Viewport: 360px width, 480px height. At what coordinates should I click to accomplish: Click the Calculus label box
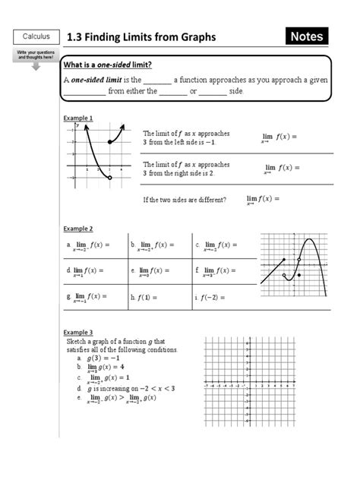coord(35,36)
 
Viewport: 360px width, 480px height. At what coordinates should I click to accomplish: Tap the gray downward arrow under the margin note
coord(35,66)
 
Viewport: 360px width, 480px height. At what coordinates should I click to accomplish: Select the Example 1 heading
coord(77,118)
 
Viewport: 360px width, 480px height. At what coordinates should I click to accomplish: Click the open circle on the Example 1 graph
coord(110,178)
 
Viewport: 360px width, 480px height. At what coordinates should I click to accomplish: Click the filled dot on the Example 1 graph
coord(110,142)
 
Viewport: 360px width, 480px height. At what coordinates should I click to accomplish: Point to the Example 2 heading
coord(77,228)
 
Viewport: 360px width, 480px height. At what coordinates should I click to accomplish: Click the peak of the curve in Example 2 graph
coord(308,243)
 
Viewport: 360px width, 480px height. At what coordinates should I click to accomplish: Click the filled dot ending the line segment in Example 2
coord(285,260)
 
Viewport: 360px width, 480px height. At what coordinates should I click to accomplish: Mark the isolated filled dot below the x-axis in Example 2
coord(299,276)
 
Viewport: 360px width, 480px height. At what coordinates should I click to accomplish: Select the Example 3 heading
coord(77,333)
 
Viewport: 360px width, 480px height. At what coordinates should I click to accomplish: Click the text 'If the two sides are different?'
coord(184,200)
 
